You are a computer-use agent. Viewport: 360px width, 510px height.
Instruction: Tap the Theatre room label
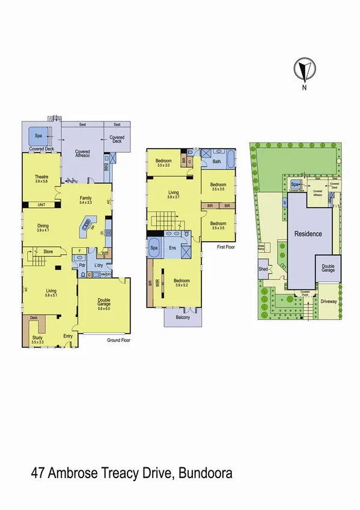41,176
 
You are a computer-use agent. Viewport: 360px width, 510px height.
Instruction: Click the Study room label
37,338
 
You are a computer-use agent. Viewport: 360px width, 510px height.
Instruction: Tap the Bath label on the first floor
217,161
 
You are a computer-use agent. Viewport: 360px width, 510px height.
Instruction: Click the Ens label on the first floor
172,248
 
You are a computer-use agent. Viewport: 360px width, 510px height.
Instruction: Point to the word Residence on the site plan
308,233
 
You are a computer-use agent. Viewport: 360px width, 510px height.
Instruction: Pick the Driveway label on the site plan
328,301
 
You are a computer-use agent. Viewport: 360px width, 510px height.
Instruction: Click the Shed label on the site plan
263,269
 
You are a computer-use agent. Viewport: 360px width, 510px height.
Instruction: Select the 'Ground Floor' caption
118,340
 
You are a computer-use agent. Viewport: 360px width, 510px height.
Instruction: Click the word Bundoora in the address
203,475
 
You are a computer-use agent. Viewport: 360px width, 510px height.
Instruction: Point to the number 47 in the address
38,475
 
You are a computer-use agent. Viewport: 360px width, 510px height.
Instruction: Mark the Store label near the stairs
47,252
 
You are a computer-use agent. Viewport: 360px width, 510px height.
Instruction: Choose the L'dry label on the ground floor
99,265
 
